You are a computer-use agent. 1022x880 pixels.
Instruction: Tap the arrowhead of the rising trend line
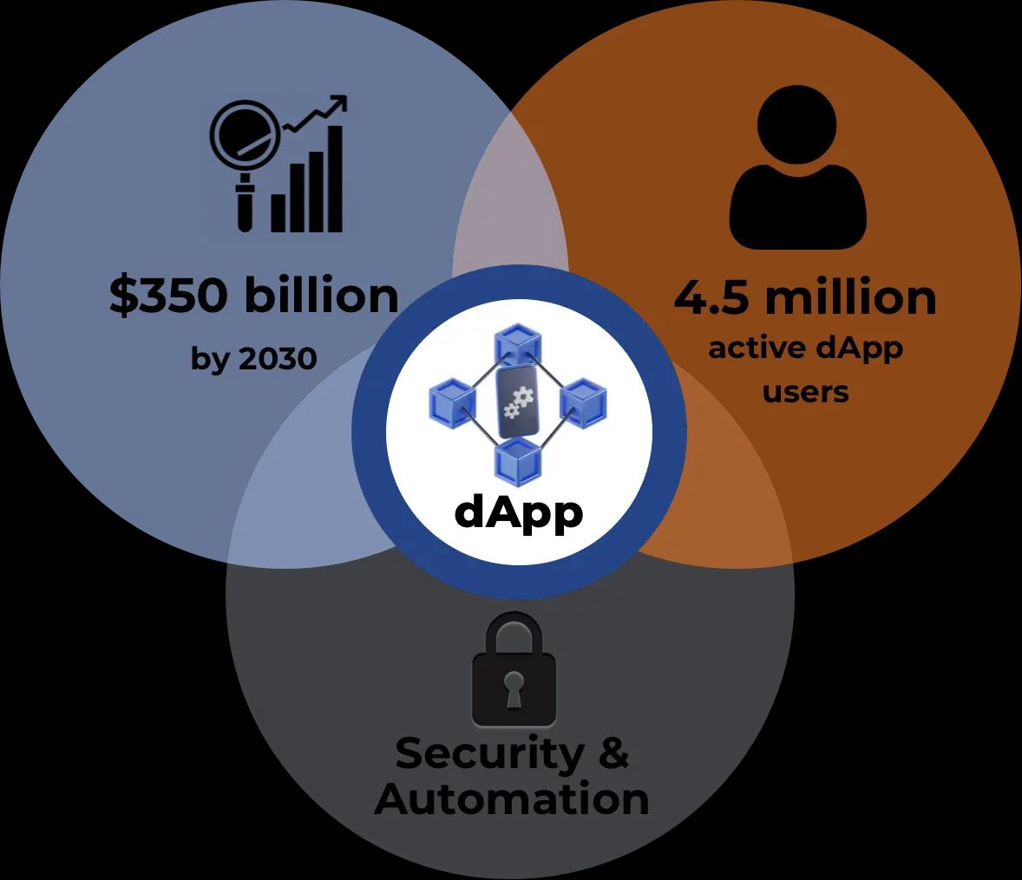point(339,104)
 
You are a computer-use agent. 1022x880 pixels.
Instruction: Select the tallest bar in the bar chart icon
point(334,179)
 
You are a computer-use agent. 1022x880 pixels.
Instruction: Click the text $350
point(168,295)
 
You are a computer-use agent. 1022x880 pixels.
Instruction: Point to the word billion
point(321,294)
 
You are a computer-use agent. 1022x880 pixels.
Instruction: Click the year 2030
point(278,358)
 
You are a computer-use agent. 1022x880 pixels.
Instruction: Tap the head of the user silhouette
point(797,125)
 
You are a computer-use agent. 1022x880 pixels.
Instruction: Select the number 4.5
point(711,297)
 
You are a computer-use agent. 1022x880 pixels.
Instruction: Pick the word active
point(757,348)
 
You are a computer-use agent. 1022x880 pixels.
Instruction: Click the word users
point(806,392)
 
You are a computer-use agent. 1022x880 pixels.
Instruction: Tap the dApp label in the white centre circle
point(518,512)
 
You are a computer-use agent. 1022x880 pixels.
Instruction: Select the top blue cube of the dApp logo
point(518,344)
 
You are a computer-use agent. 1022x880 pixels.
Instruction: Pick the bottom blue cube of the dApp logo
point(518,460)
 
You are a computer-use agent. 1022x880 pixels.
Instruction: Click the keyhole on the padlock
point(514,689)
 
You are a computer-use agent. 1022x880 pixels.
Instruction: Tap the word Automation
point(512,799)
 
